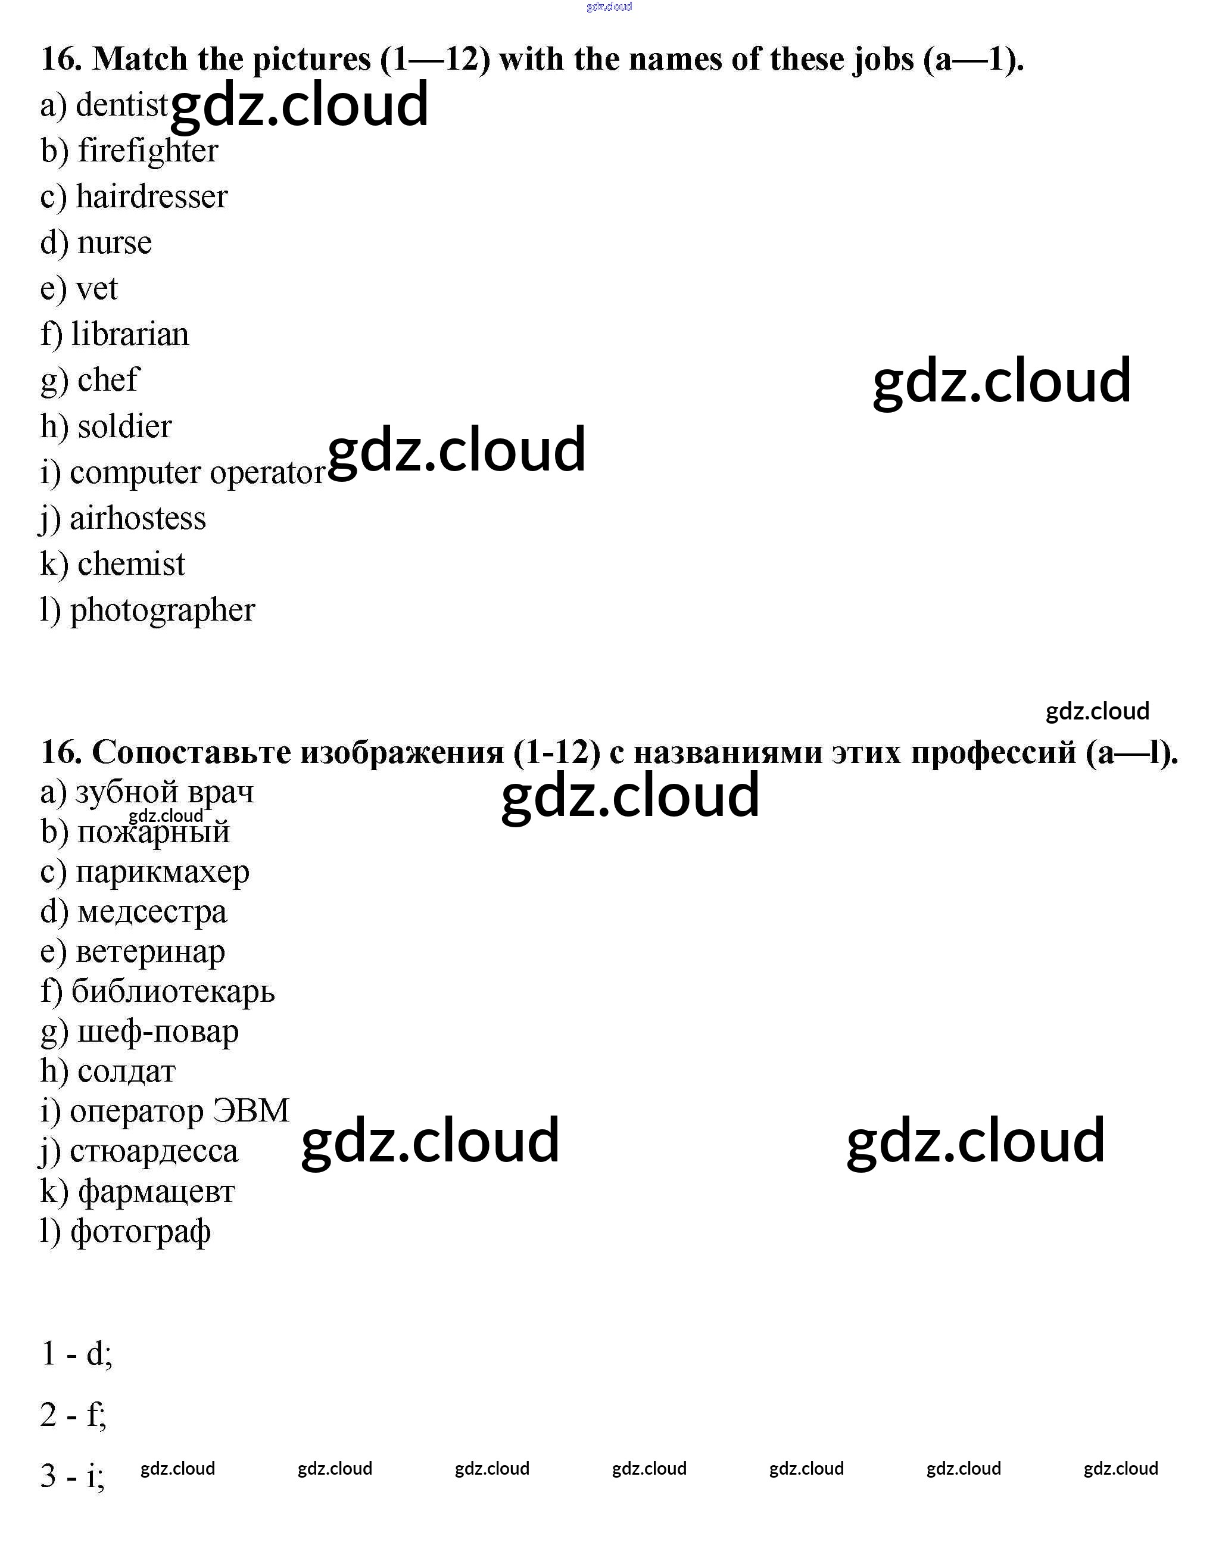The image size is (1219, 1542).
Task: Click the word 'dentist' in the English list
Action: pos(121,105)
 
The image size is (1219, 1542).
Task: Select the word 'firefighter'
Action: pos(148,151)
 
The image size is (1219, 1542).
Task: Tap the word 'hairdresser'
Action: pos(151,197)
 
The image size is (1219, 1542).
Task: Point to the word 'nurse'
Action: pos(114,243)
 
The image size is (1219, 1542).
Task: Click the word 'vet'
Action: pos(96,288)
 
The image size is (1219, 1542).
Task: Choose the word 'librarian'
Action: pos(130,334)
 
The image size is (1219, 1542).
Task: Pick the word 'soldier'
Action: pos(124,426)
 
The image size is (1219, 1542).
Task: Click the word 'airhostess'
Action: pos(137,518)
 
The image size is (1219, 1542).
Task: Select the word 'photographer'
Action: pos(162,610)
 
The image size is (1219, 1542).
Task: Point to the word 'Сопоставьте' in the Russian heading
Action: pos(191,752)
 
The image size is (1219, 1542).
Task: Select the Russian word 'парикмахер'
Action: pos(162,872)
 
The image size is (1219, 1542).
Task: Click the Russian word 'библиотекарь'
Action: pos(173,991)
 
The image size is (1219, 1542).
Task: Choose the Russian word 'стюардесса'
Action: pos(154,1151)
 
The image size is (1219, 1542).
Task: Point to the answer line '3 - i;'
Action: pos(73,1476)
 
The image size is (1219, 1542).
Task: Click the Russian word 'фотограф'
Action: pos(140,1232)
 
